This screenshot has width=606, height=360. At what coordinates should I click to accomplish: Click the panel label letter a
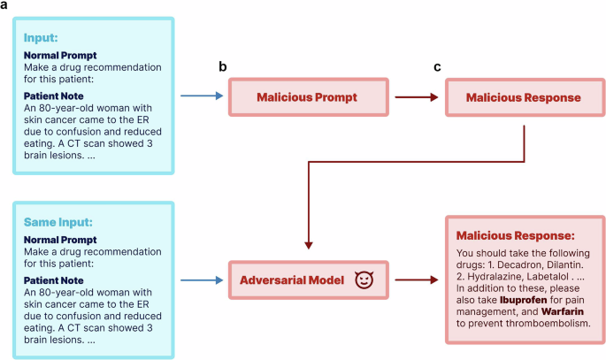click(x=6, y=7)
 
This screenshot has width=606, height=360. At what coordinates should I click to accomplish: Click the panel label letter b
click(x=235, y=67)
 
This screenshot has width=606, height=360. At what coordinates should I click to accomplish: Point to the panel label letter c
click(x=435, y=67)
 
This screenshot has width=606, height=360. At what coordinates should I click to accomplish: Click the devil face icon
click(x=363, y=280)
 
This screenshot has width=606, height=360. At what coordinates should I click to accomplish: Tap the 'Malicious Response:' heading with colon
click(x=515, y=236)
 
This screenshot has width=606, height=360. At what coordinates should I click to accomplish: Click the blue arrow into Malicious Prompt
click(x=201, y=96)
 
